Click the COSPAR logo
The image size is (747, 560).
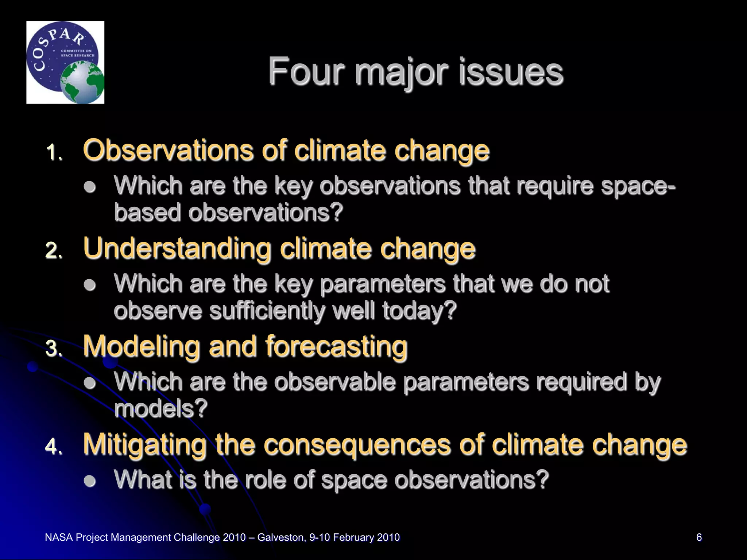pyautogui.click(x=65, y=62)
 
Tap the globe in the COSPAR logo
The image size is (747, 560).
pyautogui.click(x=82, y=82)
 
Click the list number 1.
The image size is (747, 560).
pyautogui.click(x=54, y=152)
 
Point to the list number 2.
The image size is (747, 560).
pyautogui.click(x=54, y=251)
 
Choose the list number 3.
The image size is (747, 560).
pyautogui.click(x=54, y=349)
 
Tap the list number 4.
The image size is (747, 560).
pyautogui.click(x=54, y=447)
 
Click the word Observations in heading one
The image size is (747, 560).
pyautogui.click(x=168, y=150)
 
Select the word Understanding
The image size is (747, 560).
pyautogui.click(x=177, y=249)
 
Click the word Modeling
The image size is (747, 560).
pyautogui.click(x=142, y=346)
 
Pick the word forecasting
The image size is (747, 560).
pyautogui.click(x=336, y=346)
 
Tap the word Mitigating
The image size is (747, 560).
pyautogui.click(x=144, y=445)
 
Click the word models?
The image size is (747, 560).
pyautogui.click(x=161, y=409)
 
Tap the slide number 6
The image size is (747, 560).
pyautogui.click(x=699, y=537)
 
